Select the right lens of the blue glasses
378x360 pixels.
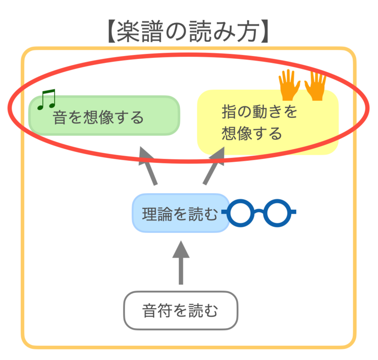(x=276, y=213)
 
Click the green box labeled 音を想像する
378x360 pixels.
(x=104, y=115)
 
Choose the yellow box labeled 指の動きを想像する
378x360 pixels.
(x=267, y=123)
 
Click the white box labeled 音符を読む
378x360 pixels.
(x=180, y=310)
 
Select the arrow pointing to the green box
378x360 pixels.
(x=149, y=166)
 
